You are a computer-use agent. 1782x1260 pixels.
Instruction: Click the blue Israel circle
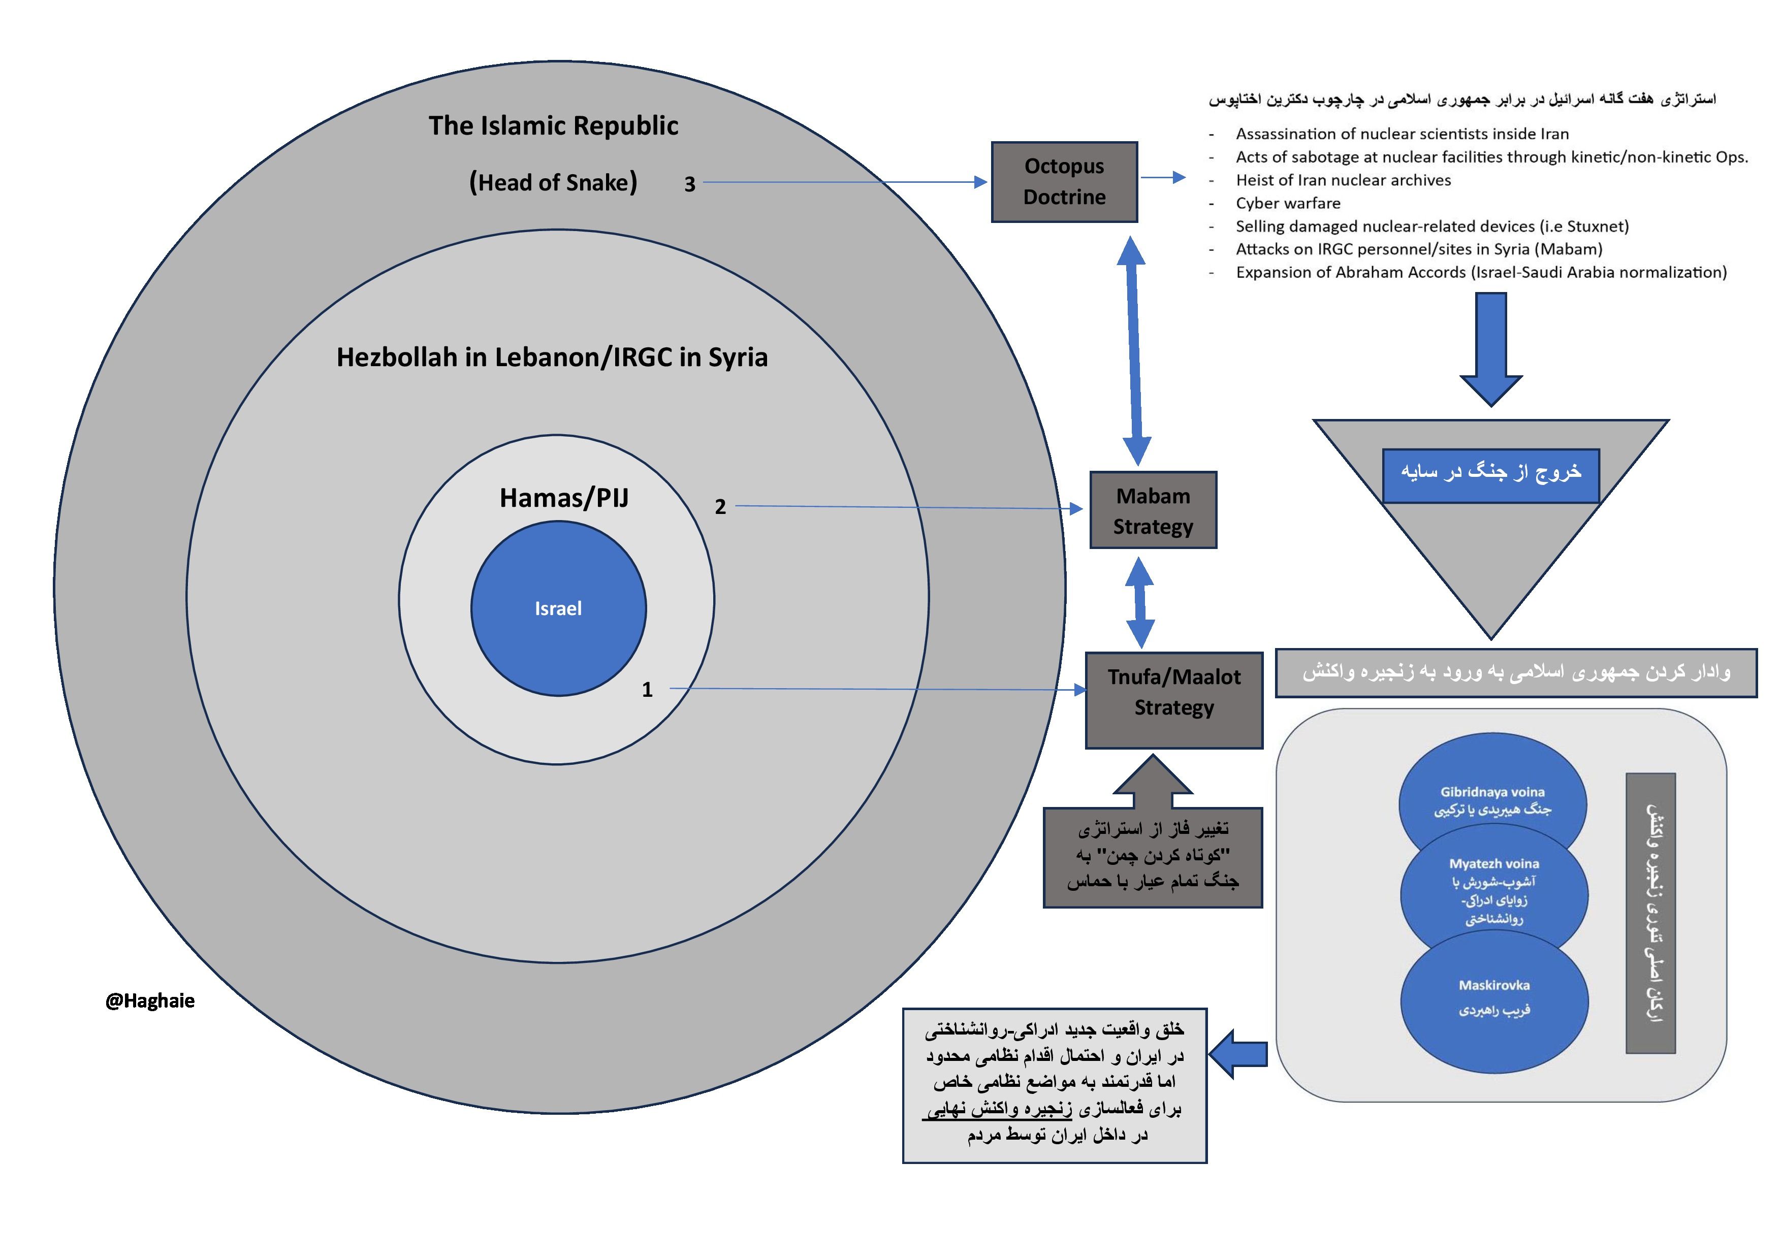tap(558, 608)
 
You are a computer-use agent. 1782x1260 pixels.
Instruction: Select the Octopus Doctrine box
tap(1064, 181)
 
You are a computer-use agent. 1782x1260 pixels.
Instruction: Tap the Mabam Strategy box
tap(1153, 510)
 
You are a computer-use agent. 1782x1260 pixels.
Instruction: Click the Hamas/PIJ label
tap(564, 497)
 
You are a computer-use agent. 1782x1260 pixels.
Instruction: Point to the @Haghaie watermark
tap(150, 1001)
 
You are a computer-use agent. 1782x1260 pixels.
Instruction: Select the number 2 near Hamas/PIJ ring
tap(720, 507)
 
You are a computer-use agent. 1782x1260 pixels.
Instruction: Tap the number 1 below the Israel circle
tap(647, 690)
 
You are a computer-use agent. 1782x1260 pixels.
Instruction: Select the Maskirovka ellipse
tap(1494, 1001)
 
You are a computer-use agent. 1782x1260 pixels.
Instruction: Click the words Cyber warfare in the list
tap(1288, 203)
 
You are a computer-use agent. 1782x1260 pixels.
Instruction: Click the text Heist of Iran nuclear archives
tap(1343, 180)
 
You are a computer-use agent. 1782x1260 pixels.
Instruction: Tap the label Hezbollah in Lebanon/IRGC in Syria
tap(552, 357)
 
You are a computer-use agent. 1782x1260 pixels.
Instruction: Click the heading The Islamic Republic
tap(553, 125)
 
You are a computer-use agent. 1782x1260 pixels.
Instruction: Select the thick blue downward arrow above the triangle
tap(1491, 345)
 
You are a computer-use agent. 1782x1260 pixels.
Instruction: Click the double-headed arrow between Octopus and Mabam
tap(1134, 351)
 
